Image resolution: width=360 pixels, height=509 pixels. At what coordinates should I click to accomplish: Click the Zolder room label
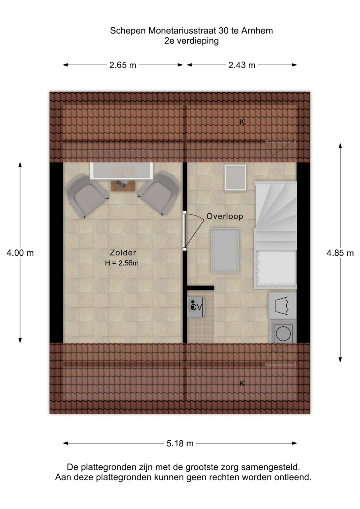[x=123, y=253]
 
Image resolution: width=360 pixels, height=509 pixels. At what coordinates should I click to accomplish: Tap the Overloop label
[x=225, y=216]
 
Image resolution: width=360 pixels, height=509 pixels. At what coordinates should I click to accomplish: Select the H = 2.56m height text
[x=122, y=263]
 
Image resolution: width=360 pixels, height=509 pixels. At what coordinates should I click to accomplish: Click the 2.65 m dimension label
[x=123, y=65]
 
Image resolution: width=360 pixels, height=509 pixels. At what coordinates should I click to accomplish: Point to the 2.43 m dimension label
[x=242, y=65]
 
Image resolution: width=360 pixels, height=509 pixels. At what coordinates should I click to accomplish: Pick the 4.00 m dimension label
[x=20, y=253]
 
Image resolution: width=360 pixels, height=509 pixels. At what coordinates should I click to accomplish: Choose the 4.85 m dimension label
[x=340, y=253]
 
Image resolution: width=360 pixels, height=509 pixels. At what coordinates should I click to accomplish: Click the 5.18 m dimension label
[x=180, y=443]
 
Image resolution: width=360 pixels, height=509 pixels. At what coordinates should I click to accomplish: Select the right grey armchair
[x=159, y=194]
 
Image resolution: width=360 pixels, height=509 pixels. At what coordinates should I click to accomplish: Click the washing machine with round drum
[x=283, y=332]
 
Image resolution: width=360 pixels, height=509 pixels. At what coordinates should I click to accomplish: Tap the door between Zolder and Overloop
[x=185, y=231]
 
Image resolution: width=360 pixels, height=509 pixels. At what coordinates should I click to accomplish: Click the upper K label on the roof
[x=242, y=122]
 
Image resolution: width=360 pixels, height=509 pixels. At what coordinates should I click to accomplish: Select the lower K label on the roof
[x=242, y=384]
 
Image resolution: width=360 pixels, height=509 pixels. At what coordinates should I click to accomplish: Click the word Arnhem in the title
[x=257, y=30]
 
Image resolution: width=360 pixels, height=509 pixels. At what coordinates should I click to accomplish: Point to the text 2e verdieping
[x=192, y=41]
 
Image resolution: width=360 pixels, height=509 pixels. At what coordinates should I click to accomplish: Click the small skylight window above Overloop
[x=235, y=178]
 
